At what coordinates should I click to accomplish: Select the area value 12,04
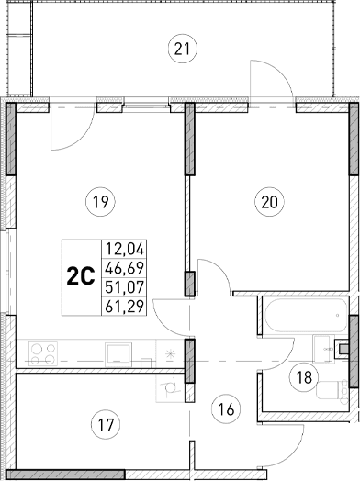pos(127,248)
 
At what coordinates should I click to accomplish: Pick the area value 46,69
pos(127,267)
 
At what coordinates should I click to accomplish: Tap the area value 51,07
pos(127,287)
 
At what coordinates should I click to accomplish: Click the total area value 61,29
pos(127,308)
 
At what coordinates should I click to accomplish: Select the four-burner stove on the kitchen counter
pos(43,352)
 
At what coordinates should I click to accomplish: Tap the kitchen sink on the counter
pos(118,352)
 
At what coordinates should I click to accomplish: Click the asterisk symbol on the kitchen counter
pos(168,352)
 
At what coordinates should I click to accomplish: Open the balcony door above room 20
pos(272,82)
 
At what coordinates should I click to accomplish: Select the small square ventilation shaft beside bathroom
pos(343,349)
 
